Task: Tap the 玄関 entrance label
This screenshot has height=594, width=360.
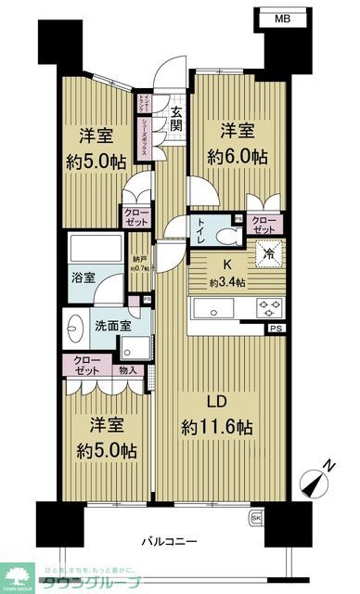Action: pos(175,121)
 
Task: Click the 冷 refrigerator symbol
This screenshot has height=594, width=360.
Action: pos(267,251)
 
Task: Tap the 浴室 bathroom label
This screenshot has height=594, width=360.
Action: pos(79,277)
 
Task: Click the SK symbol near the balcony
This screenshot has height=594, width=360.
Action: pos(256,517)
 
